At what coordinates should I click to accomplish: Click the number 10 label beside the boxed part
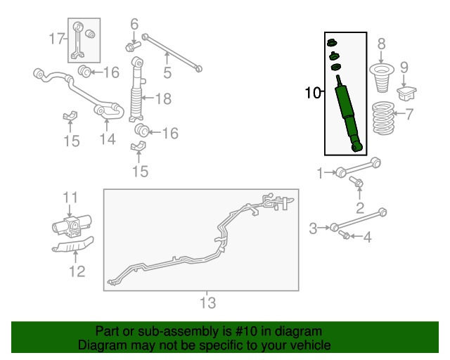pos(313,92)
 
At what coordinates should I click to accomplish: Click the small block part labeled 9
pos(408,93)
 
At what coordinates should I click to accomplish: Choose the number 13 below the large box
pos(208,303)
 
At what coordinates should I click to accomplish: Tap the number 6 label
pos(135,25)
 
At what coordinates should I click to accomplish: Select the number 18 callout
pos(162,99)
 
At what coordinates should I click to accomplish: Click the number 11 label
pos(70,197)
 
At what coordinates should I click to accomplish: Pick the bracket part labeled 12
pos(72,245)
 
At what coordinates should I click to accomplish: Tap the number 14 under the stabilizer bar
pos(106,139)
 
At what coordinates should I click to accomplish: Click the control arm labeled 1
pos(359,169)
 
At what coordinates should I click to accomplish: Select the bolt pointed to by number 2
pos(357,184)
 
